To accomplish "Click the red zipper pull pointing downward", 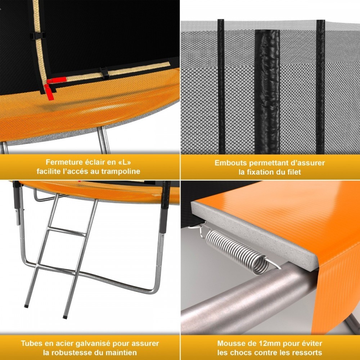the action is pyautogui.click(x=49, y=92).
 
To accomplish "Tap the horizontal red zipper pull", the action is pyautogui.click(x=57, y=80).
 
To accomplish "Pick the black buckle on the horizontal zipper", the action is pyautogui.click(x=105, y=73).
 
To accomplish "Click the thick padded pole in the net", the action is pyautogui.click(x=267, y=92).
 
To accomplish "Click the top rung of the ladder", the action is pyautogui.click(x=67, y=232).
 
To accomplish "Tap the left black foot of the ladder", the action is pyautogui.click(x=26, y=306).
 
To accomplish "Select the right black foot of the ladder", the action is pyautogui.click(x=65, y=317).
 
